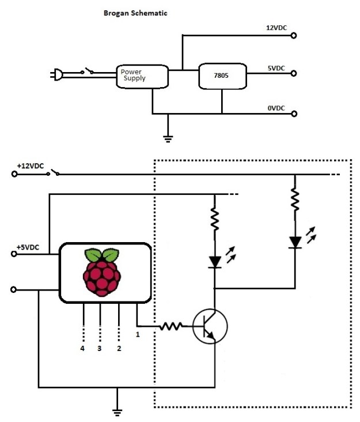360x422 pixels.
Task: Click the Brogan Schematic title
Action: (x=135, y=13)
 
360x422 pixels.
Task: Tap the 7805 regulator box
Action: (x=222, y=76)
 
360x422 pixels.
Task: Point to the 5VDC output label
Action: (x=276, y=68)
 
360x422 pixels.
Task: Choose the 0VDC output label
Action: (x=276, y=107)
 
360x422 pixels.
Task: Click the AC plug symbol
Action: (x=58, y=74)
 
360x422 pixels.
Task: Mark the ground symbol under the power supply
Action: (x=168, y=137)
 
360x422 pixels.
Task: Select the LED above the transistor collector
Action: (x=215, y=262)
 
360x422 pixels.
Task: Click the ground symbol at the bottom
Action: (x=118, y=412)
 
